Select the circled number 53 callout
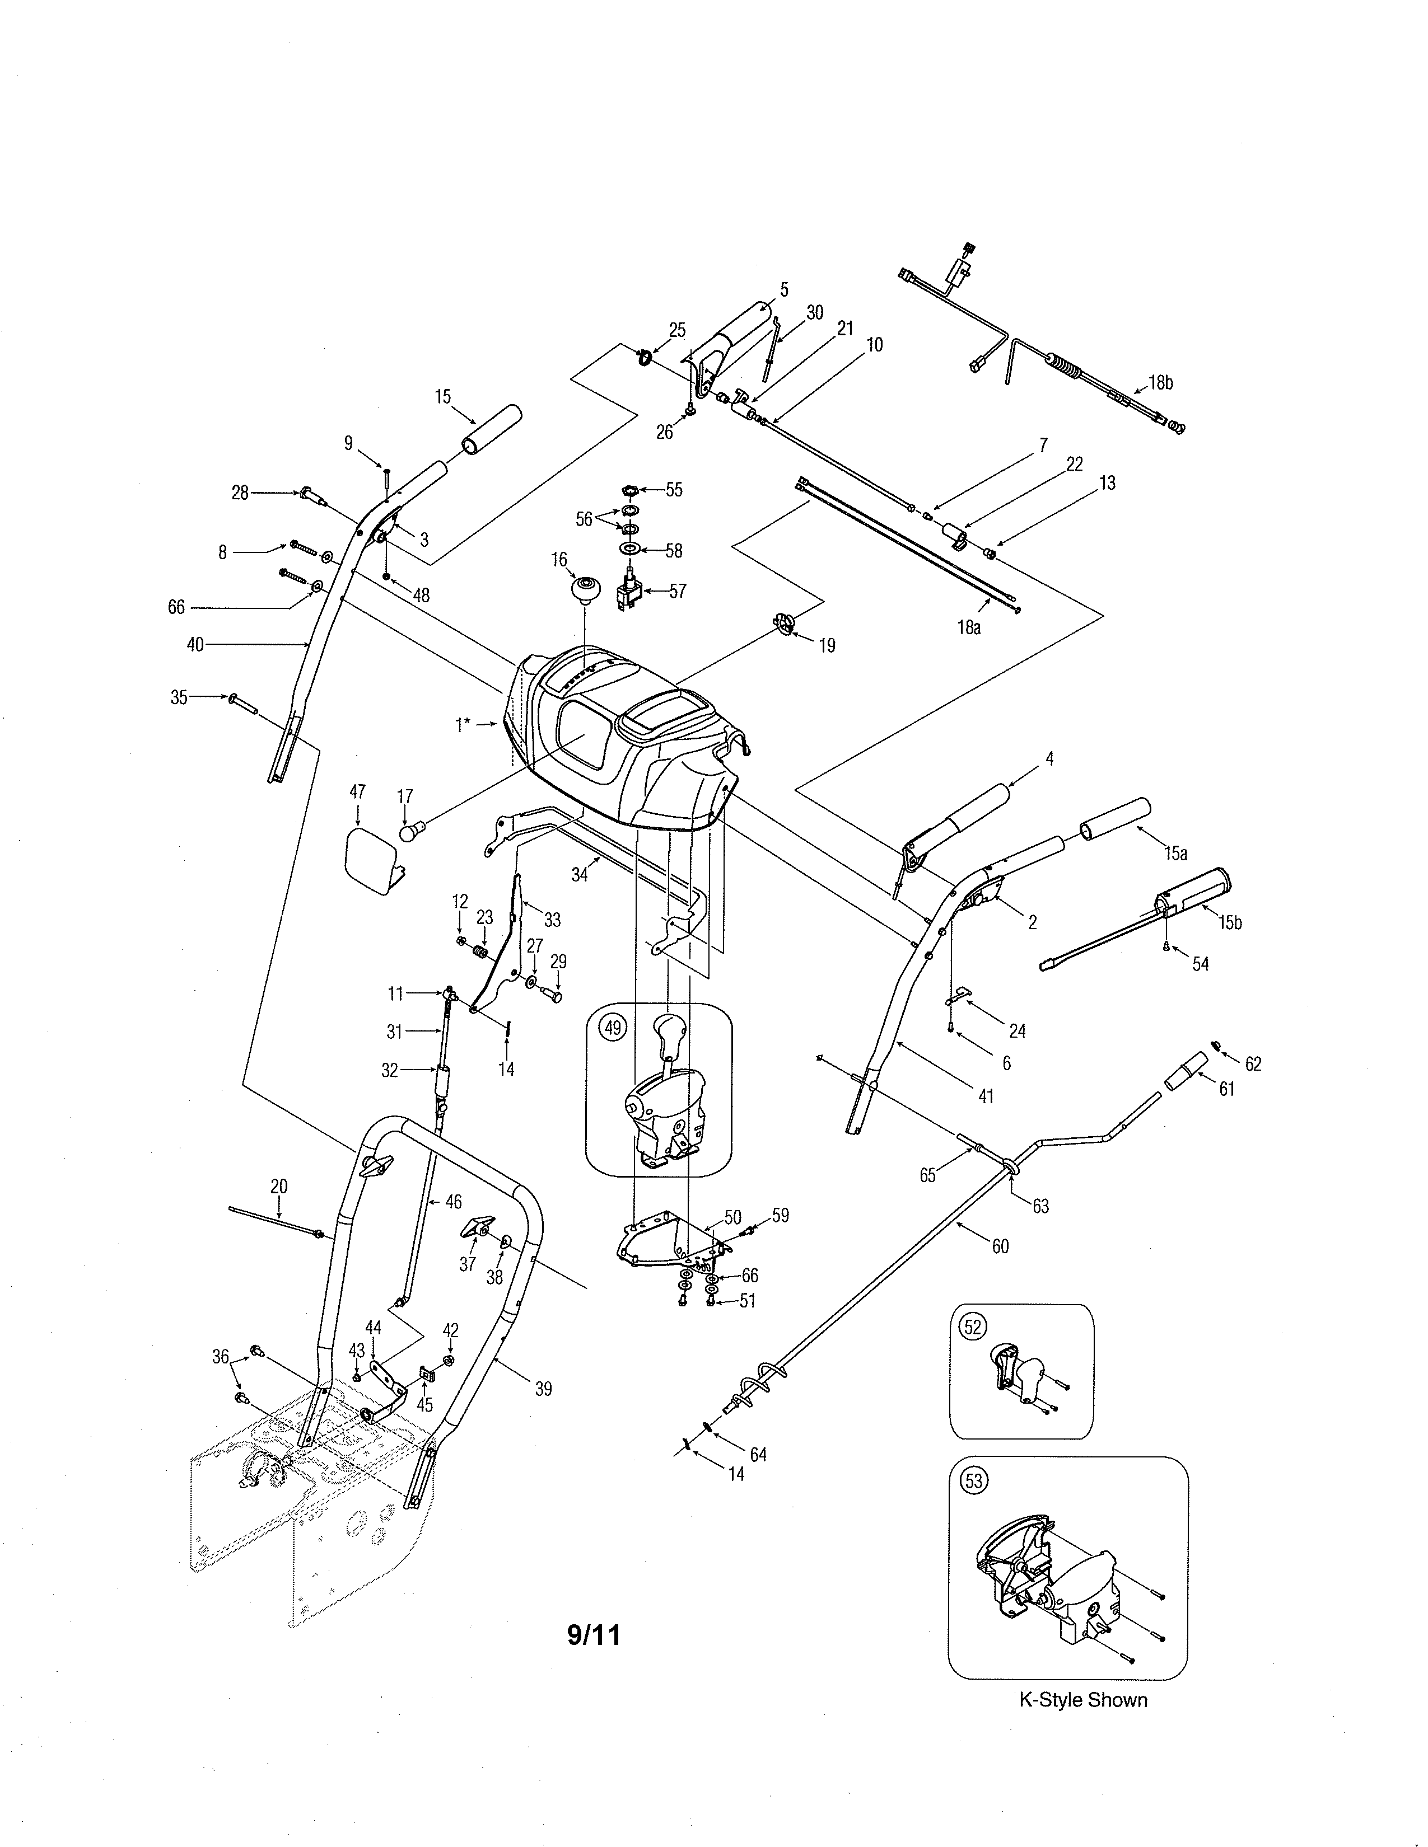pyautogui.click(x=974, y=1480)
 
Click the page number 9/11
pyautogui.click(x=593, y=1635)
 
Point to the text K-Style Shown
pyautogui.click(x=1083, y=1700)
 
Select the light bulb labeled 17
pyautogui.click(x=410, y=832)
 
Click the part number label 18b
pyautogui.click(x=1161, y=382)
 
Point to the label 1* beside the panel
pyautogui.click(x=462, y=725)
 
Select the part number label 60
pyautogui.click(x=1000, y=1246)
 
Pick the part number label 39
pyautogui.click(x=543, y=1389)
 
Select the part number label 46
pyautogui.click(x=454, y=1202)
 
